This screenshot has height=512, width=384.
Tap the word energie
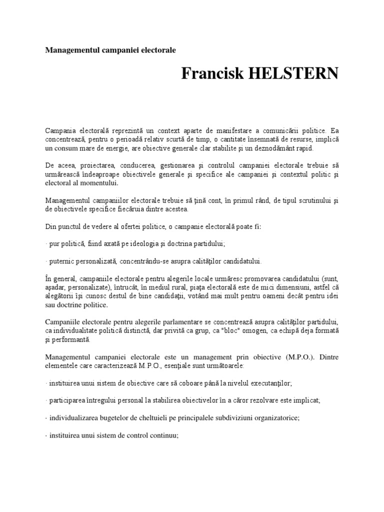132,149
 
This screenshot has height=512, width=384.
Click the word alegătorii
59,296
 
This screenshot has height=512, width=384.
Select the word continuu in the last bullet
164,435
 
